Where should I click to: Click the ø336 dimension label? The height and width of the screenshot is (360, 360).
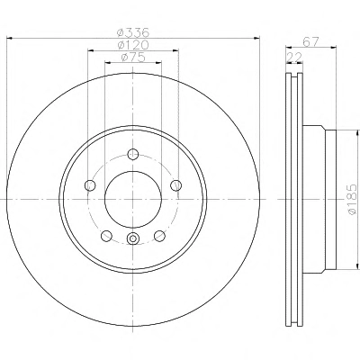coord(132,32)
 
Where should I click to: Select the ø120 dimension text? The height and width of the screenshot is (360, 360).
coord(133,45)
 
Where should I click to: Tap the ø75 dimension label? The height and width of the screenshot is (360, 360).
coord(133,57)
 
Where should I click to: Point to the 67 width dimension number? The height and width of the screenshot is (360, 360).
coord(310,41)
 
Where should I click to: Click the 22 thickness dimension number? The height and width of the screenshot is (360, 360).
coord(294,58)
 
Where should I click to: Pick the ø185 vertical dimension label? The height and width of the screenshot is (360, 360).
coord(353,200)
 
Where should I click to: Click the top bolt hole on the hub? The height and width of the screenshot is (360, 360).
coord(132,154)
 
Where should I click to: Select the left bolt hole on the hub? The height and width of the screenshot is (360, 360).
coord(90,185)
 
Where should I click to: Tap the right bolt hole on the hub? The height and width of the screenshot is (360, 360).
coord(175,185)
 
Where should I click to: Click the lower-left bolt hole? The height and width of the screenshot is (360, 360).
coord(106,236)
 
